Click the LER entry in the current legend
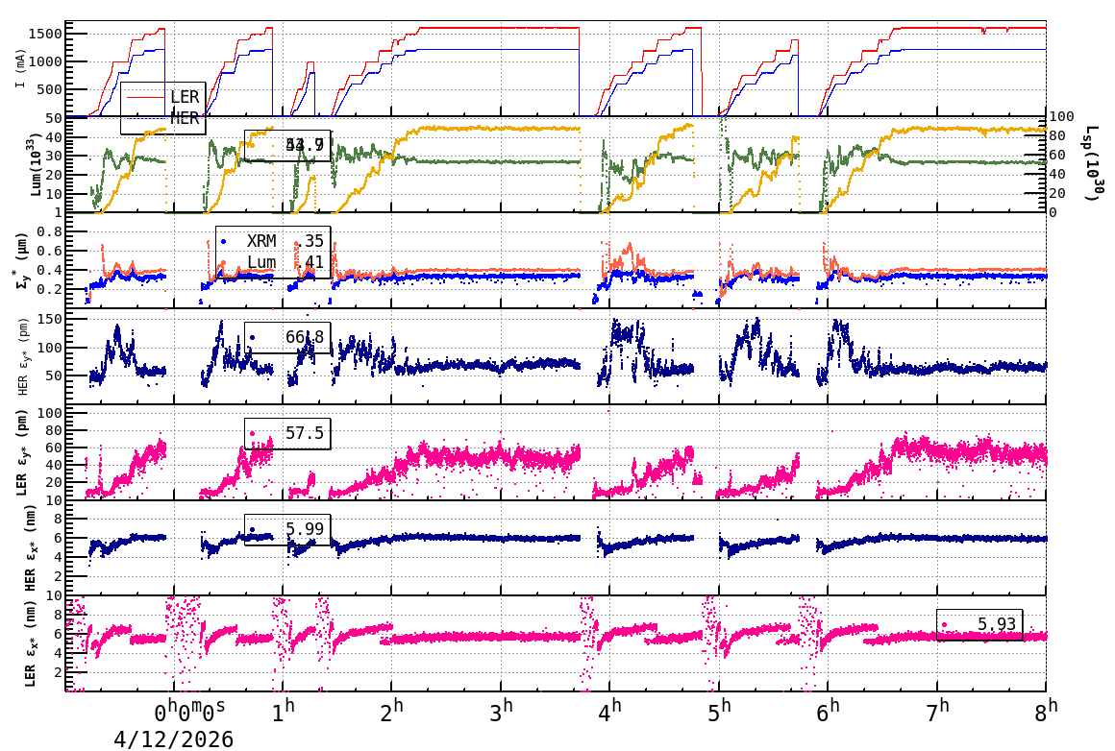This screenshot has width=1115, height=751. coord(184,97)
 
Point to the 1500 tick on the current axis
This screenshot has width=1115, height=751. coord(47,34)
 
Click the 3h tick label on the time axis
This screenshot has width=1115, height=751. coord(501,713)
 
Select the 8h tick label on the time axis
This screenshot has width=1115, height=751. coord(1046,713)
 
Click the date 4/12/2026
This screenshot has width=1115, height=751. coord(174,739)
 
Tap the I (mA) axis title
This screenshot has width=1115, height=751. coord(20,70)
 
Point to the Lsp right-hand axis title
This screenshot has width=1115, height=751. coord(1093,164)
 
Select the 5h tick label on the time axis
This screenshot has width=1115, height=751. coord(719,713)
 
